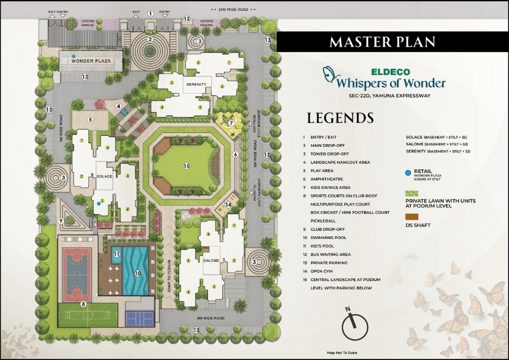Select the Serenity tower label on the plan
(196, 84)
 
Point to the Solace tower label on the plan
(104, 176)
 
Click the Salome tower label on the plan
(211, 260)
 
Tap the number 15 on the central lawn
(186, 166)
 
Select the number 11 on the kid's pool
(117, 254)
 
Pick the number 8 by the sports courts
(84, 304)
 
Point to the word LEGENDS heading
(340, 118)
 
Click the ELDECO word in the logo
(387, 72)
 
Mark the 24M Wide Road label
(233, 10)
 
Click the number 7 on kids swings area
(231, 122)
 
